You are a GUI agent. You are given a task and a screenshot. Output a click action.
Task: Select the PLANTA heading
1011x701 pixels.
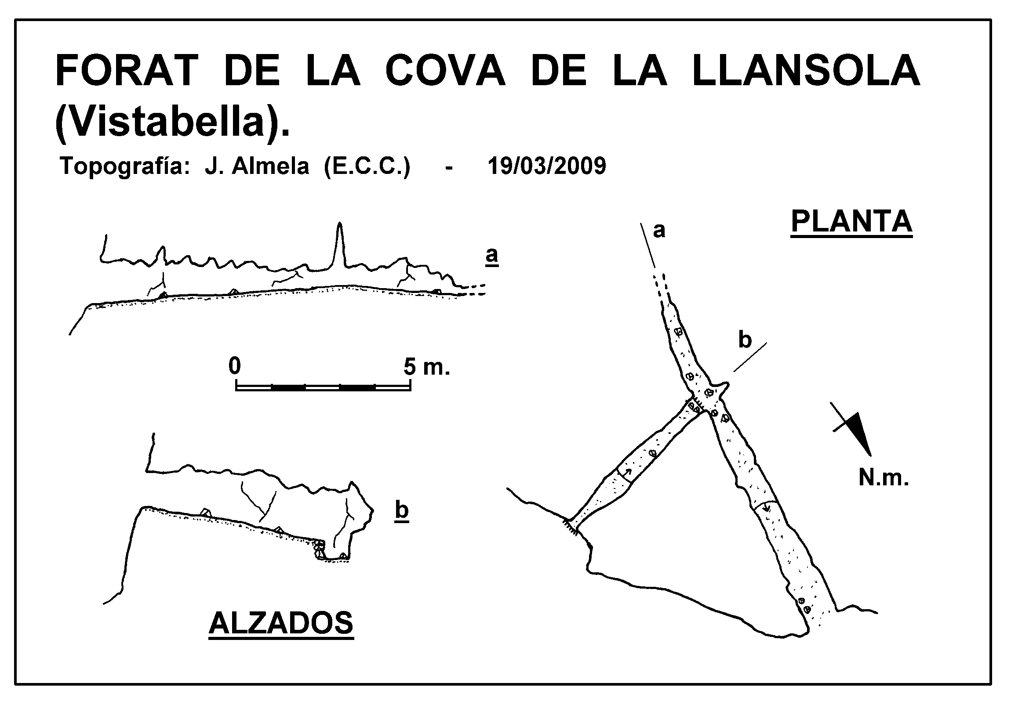pos(851,222)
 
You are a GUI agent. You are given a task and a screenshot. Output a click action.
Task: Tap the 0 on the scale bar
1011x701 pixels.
pos(235,365)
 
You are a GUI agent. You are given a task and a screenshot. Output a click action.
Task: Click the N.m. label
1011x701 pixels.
pos(884,477)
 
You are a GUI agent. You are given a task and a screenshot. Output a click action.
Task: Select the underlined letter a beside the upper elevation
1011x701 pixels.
pos(492,256)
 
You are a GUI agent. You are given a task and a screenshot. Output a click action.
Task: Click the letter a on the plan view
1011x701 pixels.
pos(659,231)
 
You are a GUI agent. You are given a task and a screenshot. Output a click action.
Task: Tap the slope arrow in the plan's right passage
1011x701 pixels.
pos(767,508)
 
